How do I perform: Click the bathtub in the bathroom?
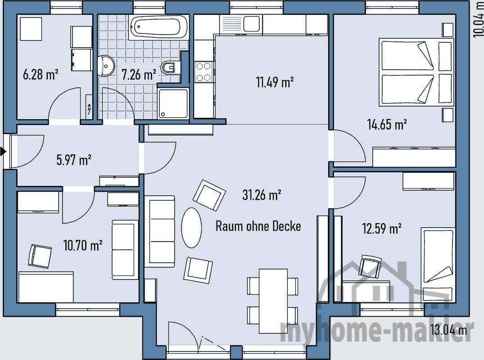click(158, 27)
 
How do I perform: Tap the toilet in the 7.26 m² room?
click(168, 67)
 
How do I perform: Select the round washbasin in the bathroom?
click(106, 66)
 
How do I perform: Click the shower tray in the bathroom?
click(173, 103)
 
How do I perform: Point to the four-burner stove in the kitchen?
click(204, 72)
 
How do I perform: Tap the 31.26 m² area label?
click(262, 195)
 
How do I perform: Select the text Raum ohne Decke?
click(258, 226)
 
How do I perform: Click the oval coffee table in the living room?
click(191, 228)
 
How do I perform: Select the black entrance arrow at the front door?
click(4, 152)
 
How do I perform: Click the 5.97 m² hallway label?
click(74, 160)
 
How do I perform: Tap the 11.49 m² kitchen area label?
click(275, 82)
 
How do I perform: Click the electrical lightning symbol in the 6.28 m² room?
click(89, 109)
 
